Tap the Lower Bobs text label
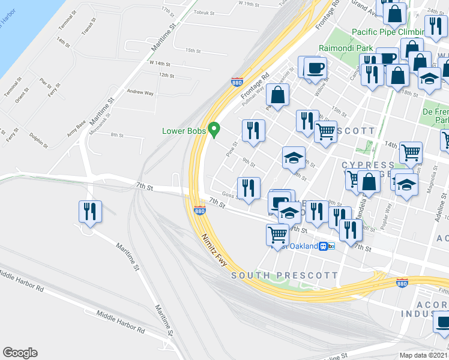pyautogui.click(x=183, y=131)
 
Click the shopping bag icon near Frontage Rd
pyautogui.click(x=278, y=95)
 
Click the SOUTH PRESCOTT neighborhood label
pyautogui.click(x=285, y=275)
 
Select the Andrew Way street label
pyautogui.click(x=140, y=92)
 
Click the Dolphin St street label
pyautogui.click(x=38, y=140)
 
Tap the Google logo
pyautogui.click(x=20, y=353)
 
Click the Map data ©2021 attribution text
pyautogui.click(x=423, y=355)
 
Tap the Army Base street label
pyautogui.click(x=76, y=128)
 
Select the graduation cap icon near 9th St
pyautogui.click(x=293, y=157)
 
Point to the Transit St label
pyautogui.click(x=88, y=26)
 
